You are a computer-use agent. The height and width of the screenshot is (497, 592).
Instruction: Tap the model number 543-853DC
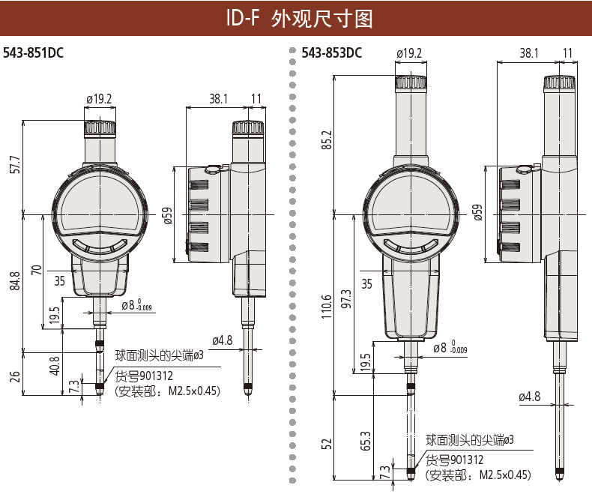point(332,53)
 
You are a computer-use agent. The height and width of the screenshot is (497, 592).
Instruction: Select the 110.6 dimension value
point(326,304)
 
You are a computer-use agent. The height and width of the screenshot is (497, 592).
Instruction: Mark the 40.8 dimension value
point(55,365)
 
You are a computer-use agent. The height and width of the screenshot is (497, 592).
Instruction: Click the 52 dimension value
point(326,443)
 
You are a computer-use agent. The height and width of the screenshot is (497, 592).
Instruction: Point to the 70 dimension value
point(37,271)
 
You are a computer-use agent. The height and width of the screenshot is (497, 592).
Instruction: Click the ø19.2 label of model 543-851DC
point(99,98)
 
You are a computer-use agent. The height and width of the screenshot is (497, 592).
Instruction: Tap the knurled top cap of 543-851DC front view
point(99,127)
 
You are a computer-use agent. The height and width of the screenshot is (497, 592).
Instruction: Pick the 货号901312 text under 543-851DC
point(142,376)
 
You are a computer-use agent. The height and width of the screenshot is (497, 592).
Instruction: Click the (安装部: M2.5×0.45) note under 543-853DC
point(477,475)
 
